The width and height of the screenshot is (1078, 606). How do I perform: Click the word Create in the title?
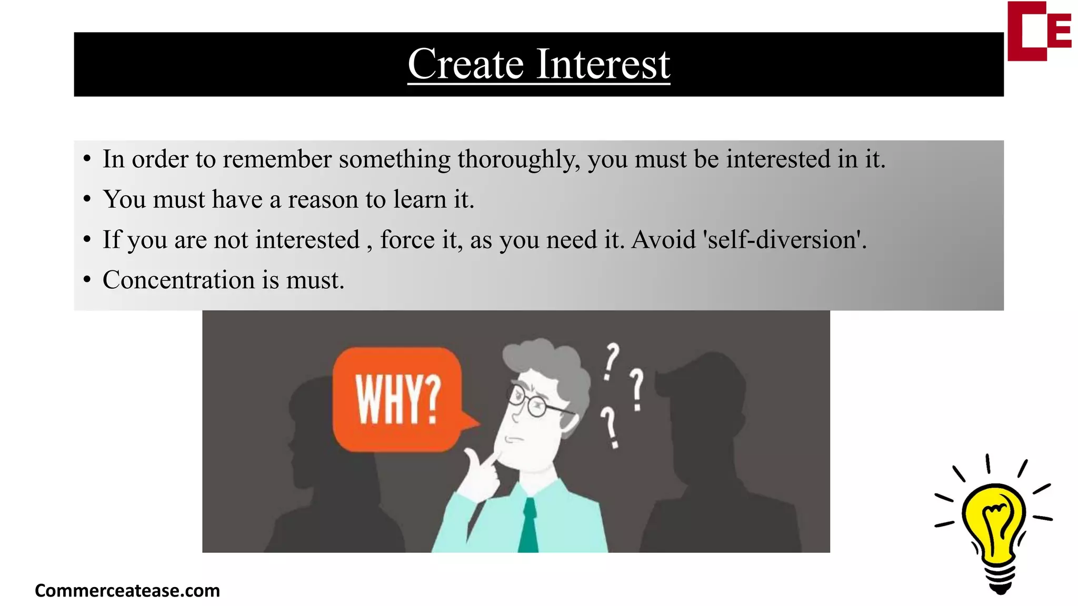(x=465, y=64)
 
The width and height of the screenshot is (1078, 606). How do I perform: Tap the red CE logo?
(x=1039, y=32)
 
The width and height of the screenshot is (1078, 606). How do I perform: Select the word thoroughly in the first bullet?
(x=518, y=159)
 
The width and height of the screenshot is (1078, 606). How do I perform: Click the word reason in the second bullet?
(x=323, y=200)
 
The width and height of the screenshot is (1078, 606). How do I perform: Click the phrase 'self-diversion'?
(x=784, y=240)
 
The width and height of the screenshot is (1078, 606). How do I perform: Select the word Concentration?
(x=178, y=280)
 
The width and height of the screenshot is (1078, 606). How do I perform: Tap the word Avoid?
(x=663, y=240)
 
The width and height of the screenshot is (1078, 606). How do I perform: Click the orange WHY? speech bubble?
(x=398, y=399)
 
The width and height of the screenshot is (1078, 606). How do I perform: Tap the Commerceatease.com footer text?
(x=127, y=591)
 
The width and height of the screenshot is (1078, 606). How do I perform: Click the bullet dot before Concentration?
(x=87, y=280)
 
